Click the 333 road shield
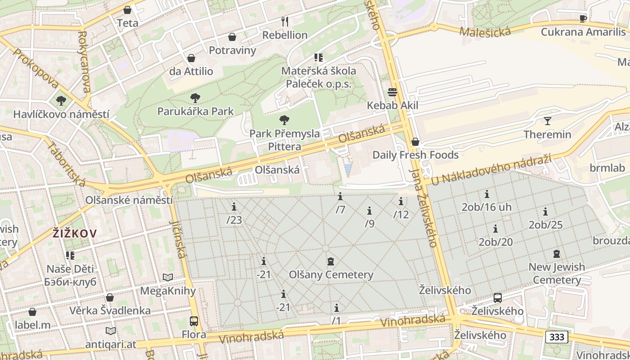557,337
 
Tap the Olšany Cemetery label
331,274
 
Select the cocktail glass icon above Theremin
547,121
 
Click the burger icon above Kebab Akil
392,92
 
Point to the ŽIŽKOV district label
75,234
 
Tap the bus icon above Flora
193,321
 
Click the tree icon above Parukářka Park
195,98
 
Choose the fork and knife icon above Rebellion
284,21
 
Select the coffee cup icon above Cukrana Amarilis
583,18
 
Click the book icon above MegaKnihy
168,278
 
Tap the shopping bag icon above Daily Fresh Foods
415,142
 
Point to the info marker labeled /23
234,207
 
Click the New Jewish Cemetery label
557,273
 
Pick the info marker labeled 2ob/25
545,211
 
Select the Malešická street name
485,31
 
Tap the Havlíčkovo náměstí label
61,114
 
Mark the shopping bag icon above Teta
127,9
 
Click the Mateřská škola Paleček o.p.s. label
319,77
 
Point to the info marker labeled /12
401,201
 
